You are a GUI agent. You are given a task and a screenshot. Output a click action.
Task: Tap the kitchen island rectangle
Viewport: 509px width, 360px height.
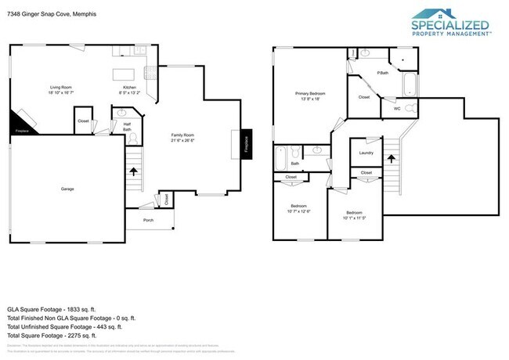tap(124, 74)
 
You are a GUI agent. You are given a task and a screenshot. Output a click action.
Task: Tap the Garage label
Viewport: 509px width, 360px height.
tap(67, 189)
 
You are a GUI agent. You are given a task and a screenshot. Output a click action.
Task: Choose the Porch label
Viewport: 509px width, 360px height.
tap(148, 220)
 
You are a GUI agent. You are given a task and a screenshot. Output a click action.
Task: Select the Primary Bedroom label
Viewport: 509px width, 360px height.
tap(310, 94)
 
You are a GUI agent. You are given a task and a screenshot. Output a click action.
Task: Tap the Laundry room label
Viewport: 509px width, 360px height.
tap(366, 153)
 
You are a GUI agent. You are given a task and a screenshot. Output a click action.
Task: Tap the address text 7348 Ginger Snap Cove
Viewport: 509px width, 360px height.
tap(47, 9)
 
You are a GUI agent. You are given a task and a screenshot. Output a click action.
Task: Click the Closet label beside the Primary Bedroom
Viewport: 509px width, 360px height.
tap(364, 97)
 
